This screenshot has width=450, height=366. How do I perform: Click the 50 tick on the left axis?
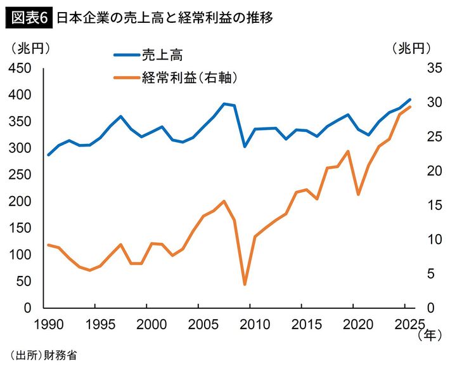[x=23, y=281]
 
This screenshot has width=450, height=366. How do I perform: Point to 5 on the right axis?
[x=426, y=273]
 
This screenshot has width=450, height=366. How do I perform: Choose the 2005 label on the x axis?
[x=199, y=323]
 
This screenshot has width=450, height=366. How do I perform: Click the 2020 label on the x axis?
[x=356, y=323]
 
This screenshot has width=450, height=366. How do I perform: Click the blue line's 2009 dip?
[x=245, y=147]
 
